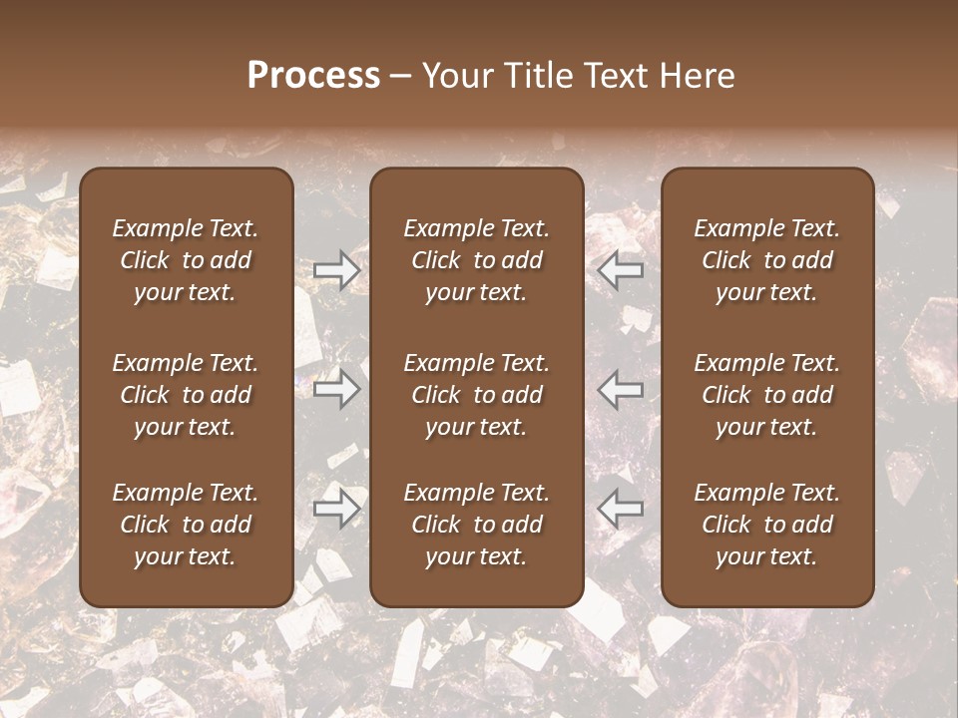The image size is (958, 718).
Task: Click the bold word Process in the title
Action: (313, 76)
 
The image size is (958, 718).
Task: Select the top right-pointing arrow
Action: (337, 269)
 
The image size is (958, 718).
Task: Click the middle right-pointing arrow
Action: (337, 388)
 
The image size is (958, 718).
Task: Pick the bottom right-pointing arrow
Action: (337, 509)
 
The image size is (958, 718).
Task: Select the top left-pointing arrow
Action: (621, 269)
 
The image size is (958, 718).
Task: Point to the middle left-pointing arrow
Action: (621, 388)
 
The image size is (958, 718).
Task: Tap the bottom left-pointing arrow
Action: (621, 509)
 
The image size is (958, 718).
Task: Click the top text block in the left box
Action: (186, 260)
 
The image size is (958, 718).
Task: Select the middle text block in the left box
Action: (186, 395)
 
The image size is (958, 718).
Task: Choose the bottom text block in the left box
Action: (186, 525)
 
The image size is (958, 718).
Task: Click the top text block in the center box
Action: (476, 260)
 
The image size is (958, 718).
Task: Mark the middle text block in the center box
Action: (476, 395)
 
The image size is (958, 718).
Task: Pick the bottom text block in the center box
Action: (476, 525)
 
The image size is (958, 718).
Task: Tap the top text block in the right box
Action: (766, 260)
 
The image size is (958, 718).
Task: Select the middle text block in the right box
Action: (766, 395)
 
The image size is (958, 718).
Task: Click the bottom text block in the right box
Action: (766, 525)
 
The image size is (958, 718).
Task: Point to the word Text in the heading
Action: (615, 76)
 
